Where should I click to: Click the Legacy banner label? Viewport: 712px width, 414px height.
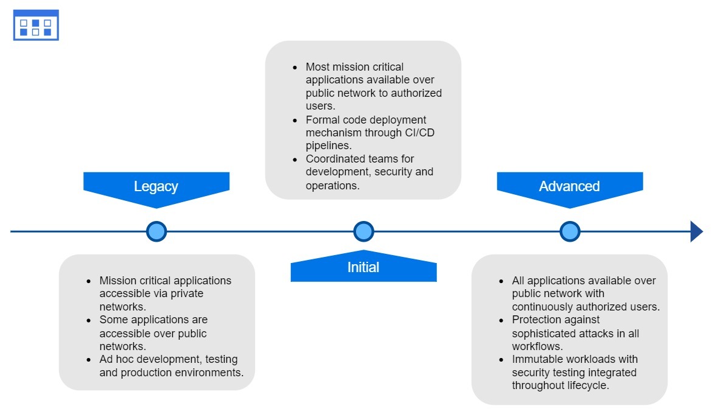pyautogui.click(x=156, y=186)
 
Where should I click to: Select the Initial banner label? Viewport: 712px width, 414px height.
pyautogui.click(x=363, y=267)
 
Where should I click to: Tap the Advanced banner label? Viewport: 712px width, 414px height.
pyautogui.click(x=569, y=186)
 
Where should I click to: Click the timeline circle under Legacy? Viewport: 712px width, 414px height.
pyautogui.click(x=156, y=231)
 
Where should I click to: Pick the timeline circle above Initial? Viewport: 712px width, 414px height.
pyautogui.click(x=363, y=231)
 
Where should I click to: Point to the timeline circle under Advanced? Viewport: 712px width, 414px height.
pyautogui.click(x=570, y=231)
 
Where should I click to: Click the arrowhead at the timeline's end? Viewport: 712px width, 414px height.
pyautogui.click(x=696, y=231)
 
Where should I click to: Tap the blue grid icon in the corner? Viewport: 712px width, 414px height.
pyautogui.click(x=36, y=25)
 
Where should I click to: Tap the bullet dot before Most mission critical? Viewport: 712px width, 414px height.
pyautogui.click(x=295, y=67)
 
